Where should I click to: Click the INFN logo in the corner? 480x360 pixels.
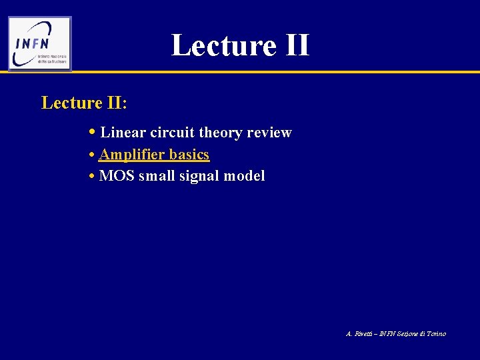click(40, 43)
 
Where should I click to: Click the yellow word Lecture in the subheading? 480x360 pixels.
click(71, 103)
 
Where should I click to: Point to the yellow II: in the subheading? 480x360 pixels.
click(116, 103)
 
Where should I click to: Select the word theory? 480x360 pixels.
click(222, 133)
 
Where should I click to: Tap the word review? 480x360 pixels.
click(269, 133)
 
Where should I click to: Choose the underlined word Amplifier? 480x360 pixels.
click(131, 155)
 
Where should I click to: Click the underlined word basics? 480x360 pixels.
click(189, 155)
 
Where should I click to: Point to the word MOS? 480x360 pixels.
click(116, 177)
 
